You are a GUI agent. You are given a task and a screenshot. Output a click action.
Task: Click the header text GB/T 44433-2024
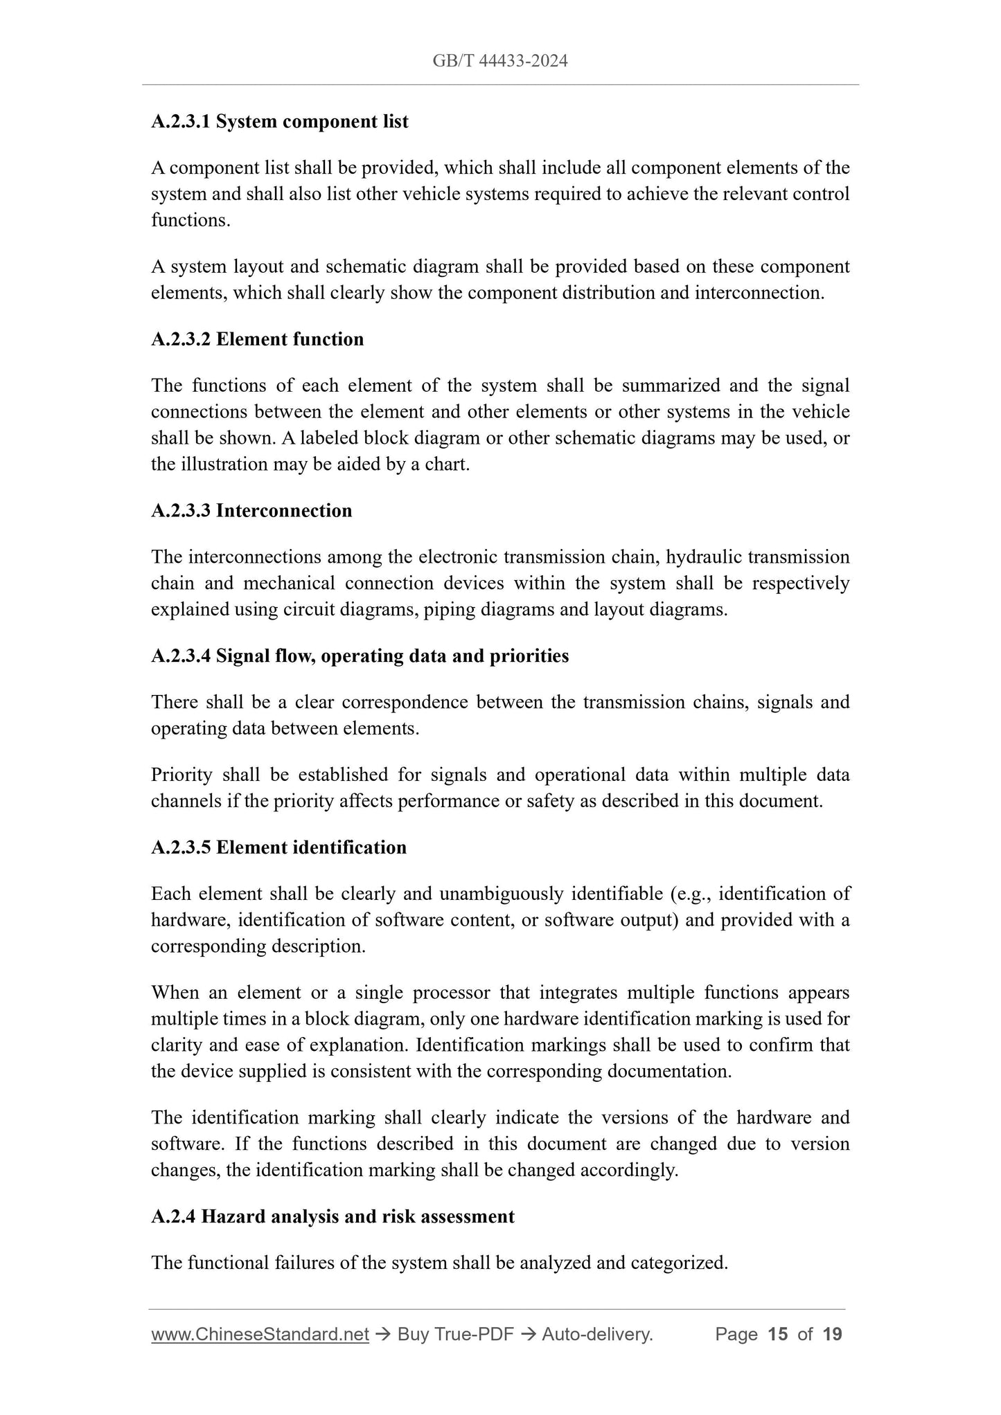tap(499, 61)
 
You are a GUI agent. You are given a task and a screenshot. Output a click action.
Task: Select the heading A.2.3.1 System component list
tap(280, 122)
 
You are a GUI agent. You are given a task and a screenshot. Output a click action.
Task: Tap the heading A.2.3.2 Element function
tap(257, 339)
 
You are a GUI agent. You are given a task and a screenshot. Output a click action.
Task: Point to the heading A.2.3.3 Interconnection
tap(251, 511)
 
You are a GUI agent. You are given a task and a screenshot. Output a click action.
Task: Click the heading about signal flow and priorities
tap(360, 656)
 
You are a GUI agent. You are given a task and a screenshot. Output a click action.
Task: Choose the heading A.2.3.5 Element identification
tap(278, 847)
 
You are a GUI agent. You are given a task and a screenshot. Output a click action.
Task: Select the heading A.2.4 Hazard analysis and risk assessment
tap(333, 1216)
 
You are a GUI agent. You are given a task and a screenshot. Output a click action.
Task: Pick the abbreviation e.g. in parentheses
tap(693, 894)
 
